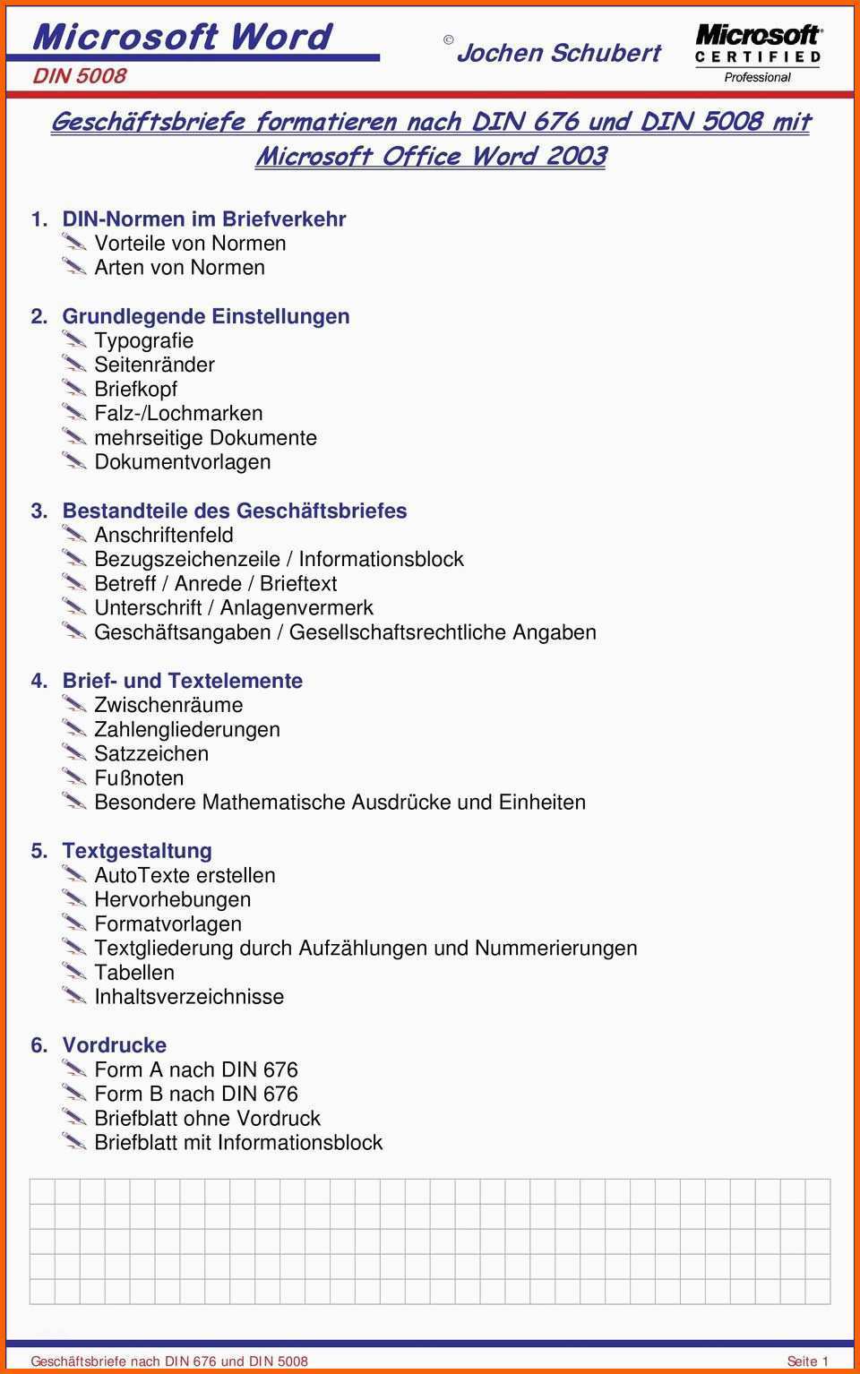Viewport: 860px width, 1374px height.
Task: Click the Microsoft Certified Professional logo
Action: coord(758,53)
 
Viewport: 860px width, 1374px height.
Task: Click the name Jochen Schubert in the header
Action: coord(558,53)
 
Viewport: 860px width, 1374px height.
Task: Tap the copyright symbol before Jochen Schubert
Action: coord(448,39)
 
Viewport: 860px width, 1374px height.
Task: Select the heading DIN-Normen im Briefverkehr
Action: coord(203,219)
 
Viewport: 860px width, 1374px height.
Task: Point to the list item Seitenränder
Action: coord(154,365)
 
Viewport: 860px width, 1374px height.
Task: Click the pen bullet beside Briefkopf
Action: coord(74,388)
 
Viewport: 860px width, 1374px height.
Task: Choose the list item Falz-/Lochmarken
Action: coord(178,413)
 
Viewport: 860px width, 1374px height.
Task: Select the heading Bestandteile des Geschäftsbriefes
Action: coord(234,511)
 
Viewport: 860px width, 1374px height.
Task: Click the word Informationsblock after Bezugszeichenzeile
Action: coord(381,559)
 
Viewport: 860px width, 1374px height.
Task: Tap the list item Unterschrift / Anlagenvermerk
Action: coord(233,607)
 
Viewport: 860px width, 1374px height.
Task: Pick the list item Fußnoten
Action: coord(139,777)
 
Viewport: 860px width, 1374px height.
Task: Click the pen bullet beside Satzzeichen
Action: coord(74,752)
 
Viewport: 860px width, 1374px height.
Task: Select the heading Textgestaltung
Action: coord(137,851)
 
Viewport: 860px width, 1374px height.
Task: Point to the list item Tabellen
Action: coord(134,972)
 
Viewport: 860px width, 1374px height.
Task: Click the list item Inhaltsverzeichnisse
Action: coord(189,996)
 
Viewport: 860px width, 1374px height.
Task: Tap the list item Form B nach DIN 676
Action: coord(195,1094)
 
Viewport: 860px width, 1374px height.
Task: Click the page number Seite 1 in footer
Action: coord(807,1361)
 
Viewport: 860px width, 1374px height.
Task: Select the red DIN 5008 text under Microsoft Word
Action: coord(80,76)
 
